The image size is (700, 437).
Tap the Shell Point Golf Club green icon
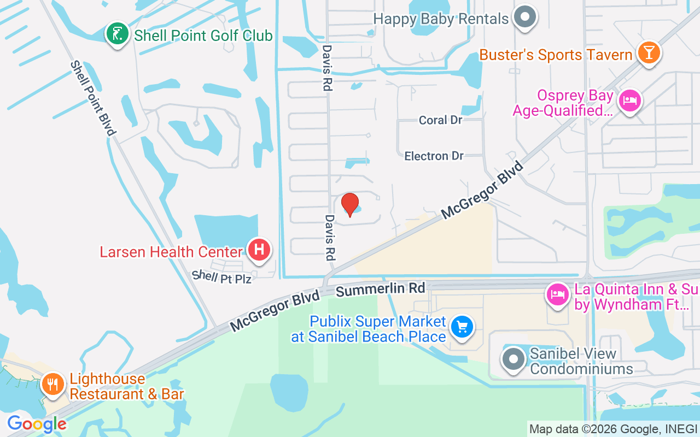click(117, 34)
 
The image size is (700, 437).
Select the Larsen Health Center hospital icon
click(259, 250)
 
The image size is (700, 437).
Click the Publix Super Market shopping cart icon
click(462, 327)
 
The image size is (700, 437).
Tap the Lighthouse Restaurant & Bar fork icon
click(52, 385)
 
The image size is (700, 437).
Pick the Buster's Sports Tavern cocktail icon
click(649, 53)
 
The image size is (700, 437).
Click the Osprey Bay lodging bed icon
click(630, 101)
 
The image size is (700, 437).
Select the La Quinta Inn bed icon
click(557, 295)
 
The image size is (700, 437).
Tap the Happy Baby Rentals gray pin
click(526, 17)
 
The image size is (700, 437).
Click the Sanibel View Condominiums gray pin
click(513, 359)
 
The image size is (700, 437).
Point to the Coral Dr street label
click(441, 120)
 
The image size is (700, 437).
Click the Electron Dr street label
click(434, 156)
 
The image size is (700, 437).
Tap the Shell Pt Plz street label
click(221, 277)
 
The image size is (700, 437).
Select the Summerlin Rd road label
click(380, 289)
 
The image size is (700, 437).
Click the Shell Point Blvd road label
click(92, 98)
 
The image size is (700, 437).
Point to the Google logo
click(36, 424)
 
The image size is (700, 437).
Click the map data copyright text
click(614, 429)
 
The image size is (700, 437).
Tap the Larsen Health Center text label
click(171, 252)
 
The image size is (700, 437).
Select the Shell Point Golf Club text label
click(203, 36)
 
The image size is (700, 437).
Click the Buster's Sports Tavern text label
click(556, 55)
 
